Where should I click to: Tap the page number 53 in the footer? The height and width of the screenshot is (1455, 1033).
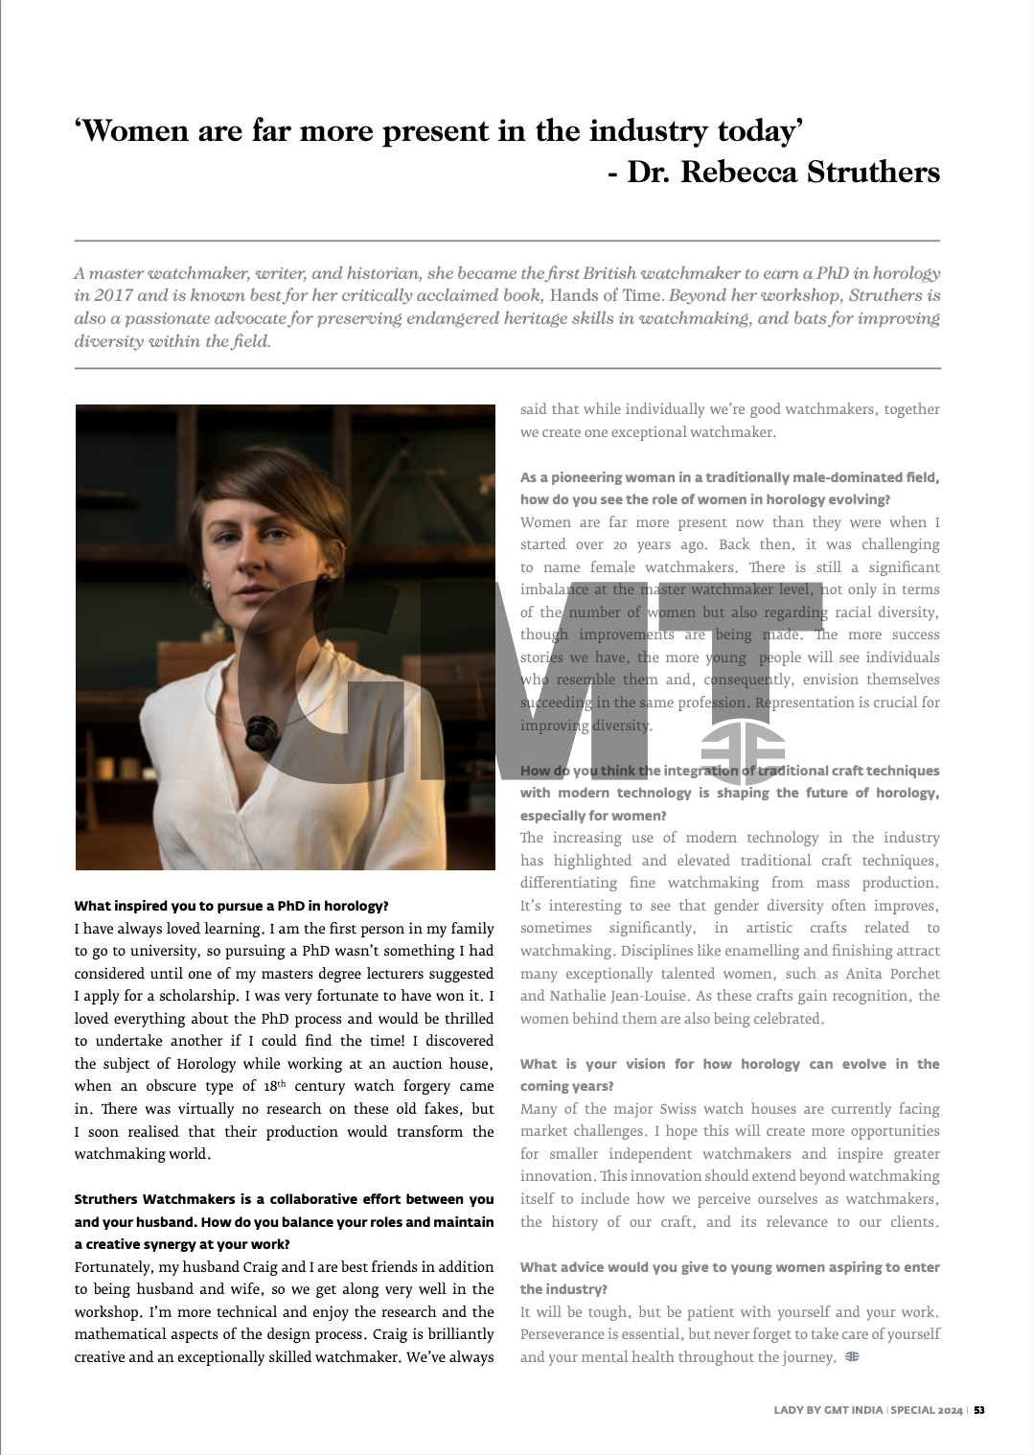pyautogui.click(x=979, y=1410)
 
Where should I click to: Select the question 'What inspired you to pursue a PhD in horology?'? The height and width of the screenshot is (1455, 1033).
pyautogui.click(x=231, y=906)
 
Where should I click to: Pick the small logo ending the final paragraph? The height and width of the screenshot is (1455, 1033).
pyautogui.click(x=852, y=1356)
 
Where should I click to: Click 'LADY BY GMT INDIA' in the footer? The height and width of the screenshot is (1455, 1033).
pyautogui.click(x=829, y=1410)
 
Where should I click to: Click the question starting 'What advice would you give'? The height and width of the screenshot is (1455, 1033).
pyautogui.click(x=729, y=1278)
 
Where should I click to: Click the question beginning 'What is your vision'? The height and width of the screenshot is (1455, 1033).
pyautogui.click(x=729, y=1074)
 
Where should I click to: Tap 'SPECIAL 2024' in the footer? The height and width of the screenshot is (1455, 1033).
pyautogui.click(x=927, y=1410)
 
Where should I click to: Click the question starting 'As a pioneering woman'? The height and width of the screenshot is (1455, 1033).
pyautogui.click(x=729, y=488)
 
